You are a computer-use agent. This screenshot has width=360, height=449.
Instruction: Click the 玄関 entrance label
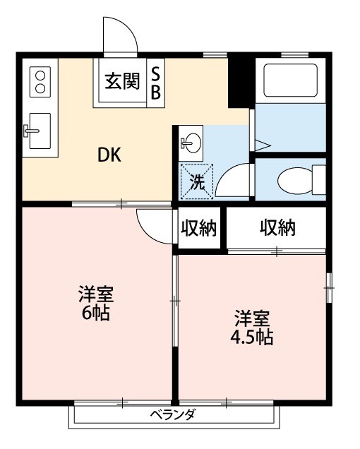(122, 82)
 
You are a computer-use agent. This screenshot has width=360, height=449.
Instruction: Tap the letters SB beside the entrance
(156, 83)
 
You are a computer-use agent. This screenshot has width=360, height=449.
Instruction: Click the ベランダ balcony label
(172, 414)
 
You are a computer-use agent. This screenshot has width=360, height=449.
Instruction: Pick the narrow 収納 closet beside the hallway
(199, 229)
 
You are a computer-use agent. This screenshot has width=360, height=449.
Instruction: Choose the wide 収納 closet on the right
(277, 228)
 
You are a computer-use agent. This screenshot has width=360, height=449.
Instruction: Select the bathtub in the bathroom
(289, 81)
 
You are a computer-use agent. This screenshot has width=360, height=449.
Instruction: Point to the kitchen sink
(36, 130)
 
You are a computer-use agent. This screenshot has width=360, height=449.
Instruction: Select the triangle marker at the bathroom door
(261, 145)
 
